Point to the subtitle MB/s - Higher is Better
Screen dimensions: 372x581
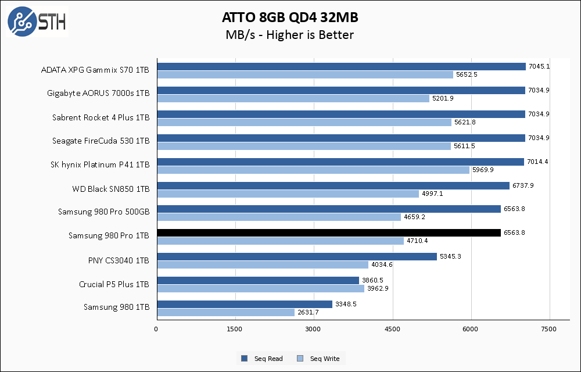(x=289, y=35)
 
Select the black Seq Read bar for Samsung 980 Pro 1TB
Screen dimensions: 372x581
(x=328, y=233)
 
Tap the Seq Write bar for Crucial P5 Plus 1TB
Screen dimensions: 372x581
(x=260, y=288)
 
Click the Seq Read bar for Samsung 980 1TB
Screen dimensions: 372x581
(x=244, y=304)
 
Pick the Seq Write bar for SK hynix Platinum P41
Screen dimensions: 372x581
(x=313, y=170)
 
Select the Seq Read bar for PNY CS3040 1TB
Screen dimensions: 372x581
(x=296, y=256)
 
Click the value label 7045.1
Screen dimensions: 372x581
(x=539, y=66)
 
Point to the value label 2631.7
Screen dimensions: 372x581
(x=308, y=312)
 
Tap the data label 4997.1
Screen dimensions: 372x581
(x=433, y=194)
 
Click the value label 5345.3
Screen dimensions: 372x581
(x=450, y=256)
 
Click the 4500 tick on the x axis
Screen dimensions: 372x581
(x=393, y=330)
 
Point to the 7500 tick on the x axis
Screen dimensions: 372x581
(x=550, y=330)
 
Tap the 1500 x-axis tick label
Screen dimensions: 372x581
(x=235, y=330)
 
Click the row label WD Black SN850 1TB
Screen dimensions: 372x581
(x=110, y=189)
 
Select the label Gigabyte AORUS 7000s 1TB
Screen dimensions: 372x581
(x=98, y=93)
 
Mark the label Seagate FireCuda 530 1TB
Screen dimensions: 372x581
(x=100, y=141)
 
